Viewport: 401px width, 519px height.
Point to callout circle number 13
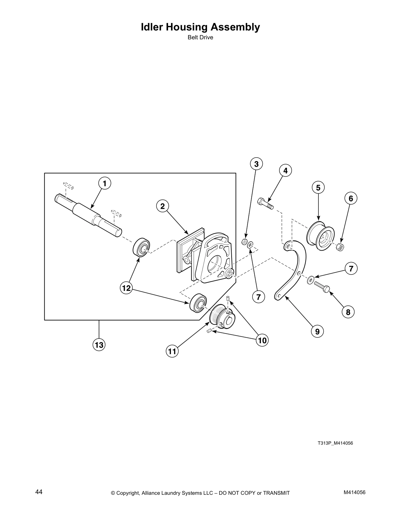(x=99, y=345)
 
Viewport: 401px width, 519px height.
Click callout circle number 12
(x=126, y=288)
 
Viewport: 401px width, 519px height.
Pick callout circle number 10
(x=262, y=340)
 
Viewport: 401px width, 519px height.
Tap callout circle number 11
(x=172, y=352)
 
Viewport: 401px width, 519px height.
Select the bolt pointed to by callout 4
(x=265, y=203)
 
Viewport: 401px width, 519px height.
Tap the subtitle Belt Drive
(x=200, y=37)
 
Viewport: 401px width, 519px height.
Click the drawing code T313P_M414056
(x=335, y=443)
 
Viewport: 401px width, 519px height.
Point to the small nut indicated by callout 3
(x=244, y=242)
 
